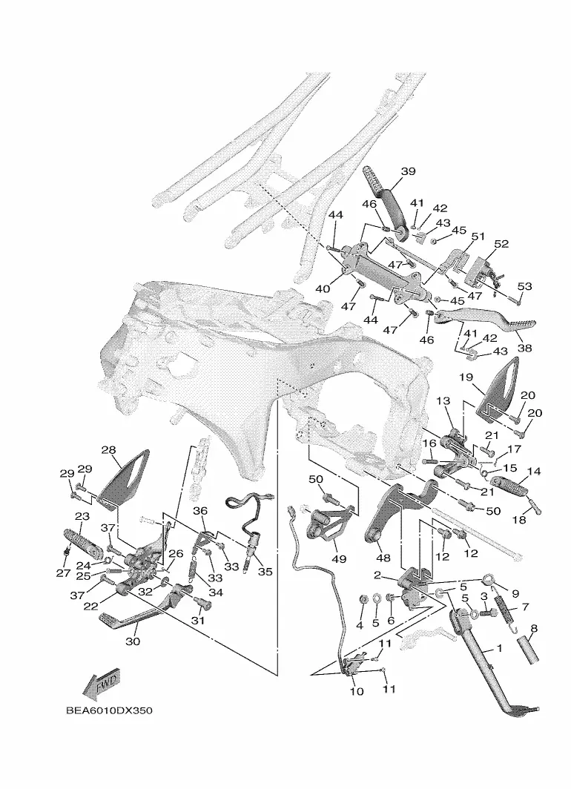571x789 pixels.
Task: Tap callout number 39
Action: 408,171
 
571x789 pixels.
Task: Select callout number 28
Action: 108,449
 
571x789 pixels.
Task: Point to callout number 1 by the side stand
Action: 499,647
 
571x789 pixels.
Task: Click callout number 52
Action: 501,243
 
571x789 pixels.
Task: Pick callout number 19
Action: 466,377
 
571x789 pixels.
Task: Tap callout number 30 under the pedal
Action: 132,641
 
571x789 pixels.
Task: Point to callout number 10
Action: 356,691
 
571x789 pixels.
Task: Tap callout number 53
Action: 524,286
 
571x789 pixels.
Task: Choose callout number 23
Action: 82,516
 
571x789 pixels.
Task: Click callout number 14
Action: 534,471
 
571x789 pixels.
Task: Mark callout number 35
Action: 265,572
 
